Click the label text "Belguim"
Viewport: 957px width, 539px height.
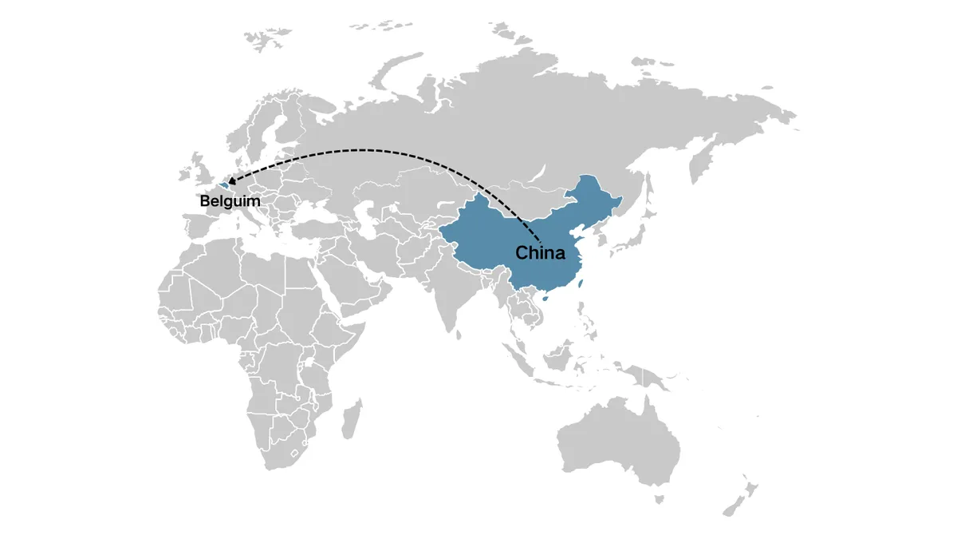point(230,201)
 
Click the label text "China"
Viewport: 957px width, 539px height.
point(540,253)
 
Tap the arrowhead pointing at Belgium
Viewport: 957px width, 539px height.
point(232,182)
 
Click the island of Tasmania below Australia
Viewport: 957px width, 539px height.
point(660,499)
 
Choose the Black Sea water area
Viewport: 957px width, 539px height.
point(312,208)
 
